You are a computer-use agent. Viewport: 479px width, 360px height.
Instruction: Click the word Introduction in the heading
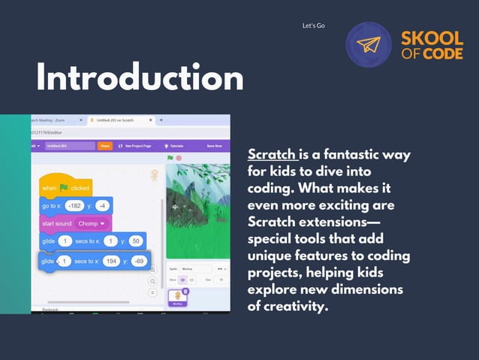(x=140, y=77)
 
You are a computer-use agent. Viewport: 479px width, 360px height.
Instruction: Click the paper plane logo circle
(x=368, y=45)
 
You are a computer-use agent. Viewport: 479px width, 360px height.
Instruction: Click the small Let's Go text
(x=313, y=26)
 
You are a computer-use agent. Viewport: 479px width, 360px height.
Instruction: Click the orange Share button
(x=106, y=146)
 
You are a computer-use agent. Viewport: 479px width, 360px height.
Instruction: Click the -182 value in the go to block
(x=74, y=205)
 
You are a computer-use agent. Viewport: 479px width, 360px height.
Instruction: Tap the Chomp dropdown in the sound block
(x=92, y=223)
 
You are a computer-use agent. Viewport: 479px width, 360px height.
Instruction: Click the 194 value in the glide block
(x=112, y=261)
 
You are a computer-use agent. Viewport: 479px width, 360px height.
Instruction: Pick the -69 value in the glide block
(x=139, y=261)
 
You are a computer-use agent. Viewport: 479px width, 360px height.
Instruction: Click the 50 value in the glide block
(x=136, y=242)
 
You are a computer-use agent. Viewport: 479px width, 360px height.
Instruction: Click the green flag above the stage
(x=170, y=158)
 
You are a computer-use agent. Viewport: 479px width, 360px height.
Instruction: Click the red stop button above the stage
(x=178, y=158)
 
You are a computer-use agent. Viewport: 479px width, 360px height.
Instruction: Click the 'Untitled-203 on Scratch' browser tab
(x=120, y=120)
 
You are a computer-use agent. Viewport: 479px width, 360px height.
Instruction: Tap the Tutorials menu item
(x=176, y=146)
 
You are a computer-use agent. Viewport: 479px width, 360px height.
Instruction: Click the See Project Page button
(x=135, y=146)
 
